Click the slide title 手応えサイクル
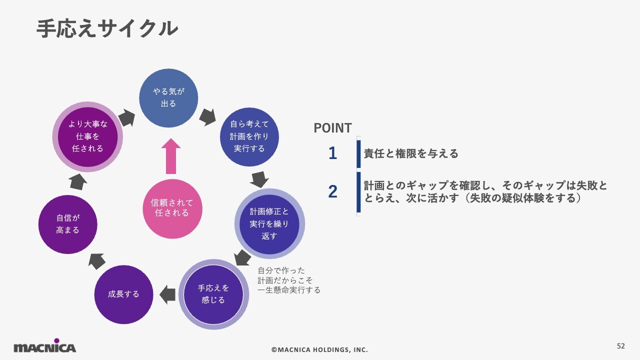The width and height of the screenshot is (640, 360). click(x=107, y=28)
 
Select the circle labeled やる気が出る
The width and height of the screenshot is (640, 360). click(x=168, y=98)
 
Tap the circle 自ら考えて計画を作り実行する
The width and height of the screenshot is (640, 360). click(x=249, y=136)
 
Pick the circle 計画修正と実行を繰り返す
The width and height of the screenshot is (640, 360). click(x=269, y=223)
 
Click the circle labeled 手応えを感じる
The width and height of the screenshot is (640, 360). click(x=213, y=294)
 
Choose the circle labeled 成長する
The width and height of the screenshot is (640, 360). click(x=123, y=294)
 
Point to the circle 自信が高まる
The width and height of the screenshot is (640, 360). click(x=67, y=224)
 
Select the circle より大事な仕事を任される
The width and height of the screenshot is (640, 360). click(x=88, y=136)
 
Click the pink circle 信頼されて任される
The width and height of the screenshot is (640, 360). click(x=172, y=208)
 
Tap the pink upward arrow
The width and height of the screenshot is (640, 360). click(x=171, y=156)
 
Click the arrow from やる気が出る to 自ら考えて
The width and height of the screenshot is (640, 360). click(x=207, y=117)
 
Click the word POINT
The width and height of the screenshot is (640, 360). click(x=332, y=128)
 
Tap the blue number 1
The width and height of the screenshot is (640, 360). click(x=332, y=153)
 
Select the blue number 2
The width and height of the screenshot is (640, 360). click(x=332, y=191)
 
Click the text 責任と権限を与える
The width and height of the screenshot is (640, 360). click(x=411, y=154)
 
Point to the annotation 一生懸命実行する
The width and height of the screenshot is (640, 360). click(x=289, y=290)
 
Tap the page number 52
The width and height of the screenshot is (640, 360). click(x=621, y=346)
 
